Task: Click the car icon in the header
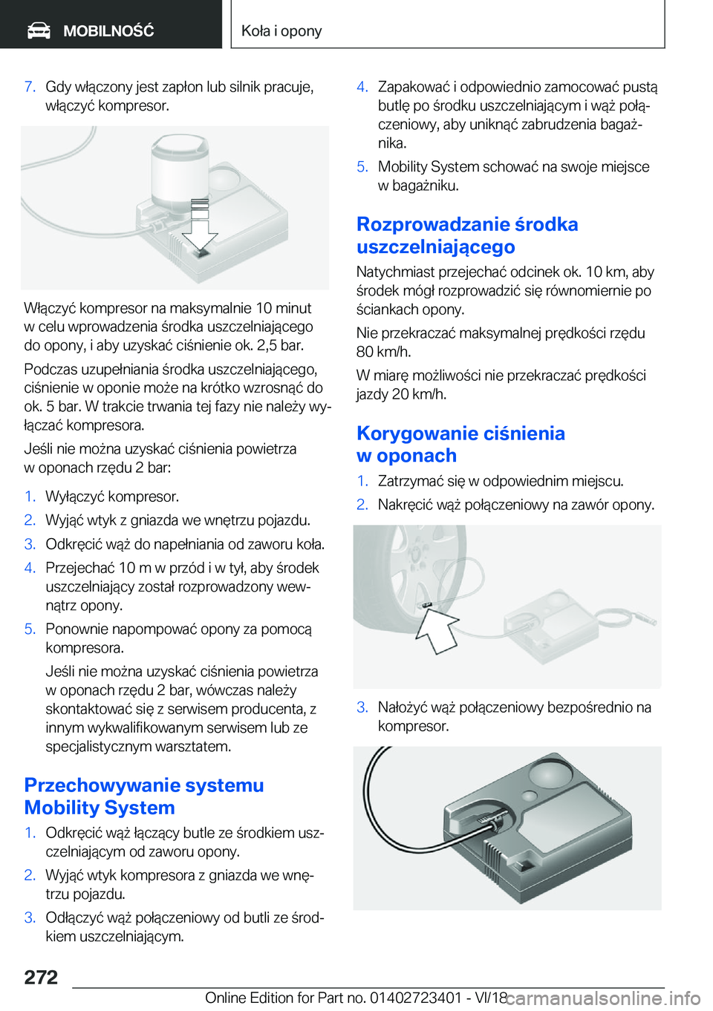pyautogui.click(x=39, y=30)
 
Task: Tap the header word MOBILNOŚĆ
pyautogui.click(x=109, y=30)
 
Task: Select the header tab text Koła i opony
pyautogui.click(x=281, y=30)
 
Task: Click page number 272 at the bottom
pyautogui.click(x=41, y=977)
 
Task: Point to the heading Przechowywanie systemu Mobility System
pyautogui.click(x=144, y=796)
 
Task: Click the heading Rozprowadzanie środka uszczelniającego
pyautogui.click(x=467, y=235)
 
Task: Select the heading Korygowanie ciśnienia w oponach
pyautogui.click(x=460, y=444)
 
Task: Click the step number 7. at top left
pyautogui.click(x=30, y=86)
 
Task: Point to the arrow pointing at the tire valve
pyautogui.click(x=436, y=630)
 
